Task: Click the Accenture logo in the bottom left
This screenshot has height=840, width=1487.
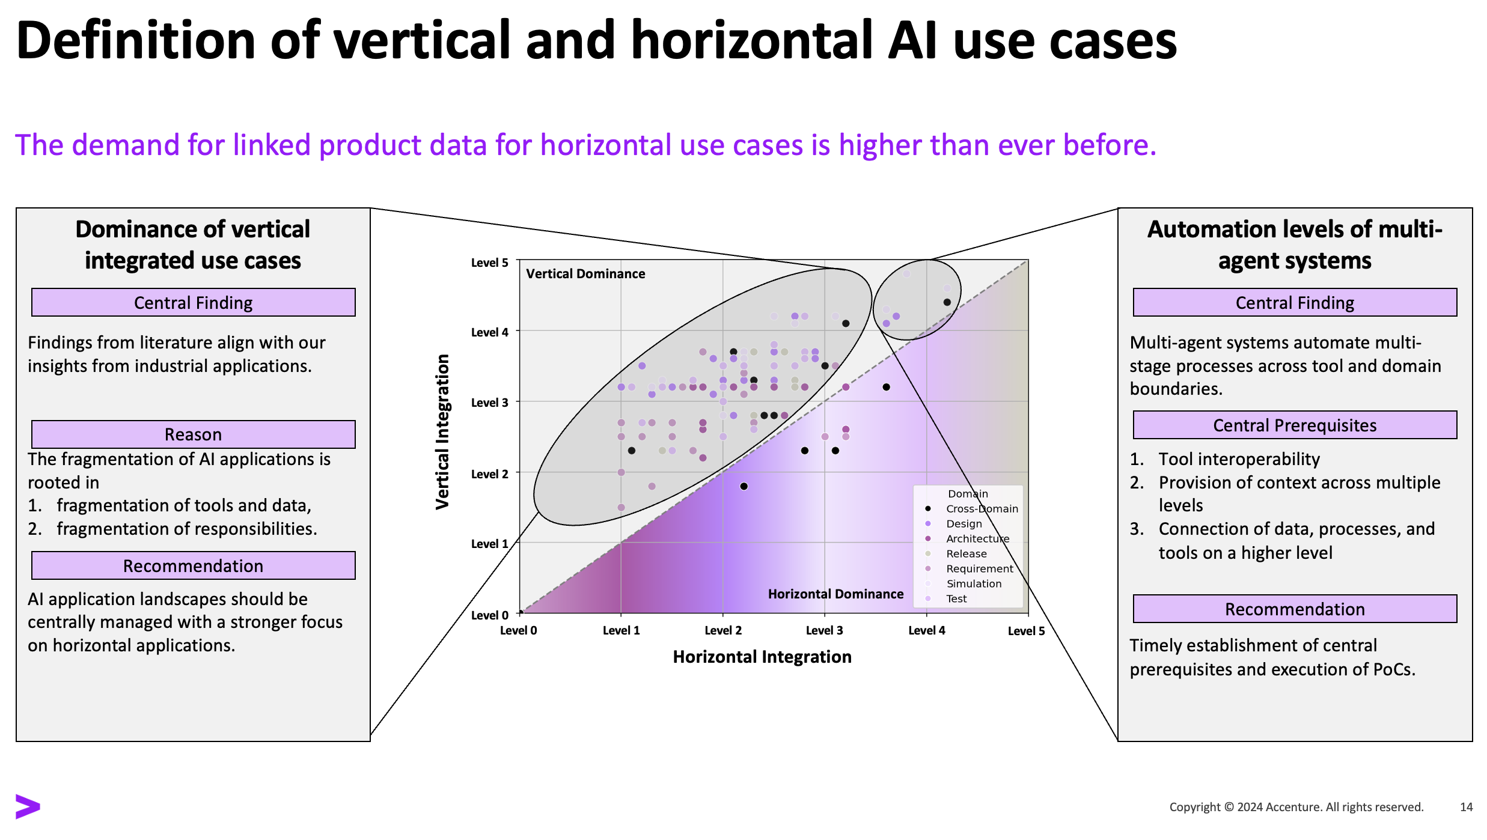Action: click(28, 806)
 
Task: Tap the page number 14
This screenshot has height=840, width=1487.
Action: click(1466, 807)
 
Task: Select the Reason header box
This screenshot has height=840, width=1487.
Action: click(193, 434)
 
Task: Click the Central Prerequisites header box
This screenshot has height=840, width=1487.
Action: click(1294, 425)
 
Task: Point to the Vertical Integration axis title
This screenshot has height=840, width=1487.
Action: click(443, 431)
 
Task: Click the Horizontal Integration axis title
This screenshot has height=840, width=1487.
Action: click(762, 657)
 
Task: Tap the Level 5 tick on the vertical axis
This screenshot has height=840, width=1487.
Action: click(489, 263)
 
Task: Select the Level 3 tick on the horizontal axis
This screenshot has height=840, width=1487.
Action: click(824, 630)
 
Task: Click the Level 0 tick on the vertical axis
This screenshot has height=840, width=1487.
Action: click(489, 615)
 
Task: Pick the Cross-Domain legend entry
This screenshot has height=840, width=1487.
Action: click(982, 509)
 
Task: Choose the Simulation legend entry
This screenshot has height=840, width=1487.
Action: click(974, 583)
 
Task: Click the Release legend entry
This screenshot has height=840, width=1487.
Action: click(966, 553)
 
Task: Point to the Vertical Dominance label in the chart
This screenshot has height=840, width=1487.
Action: click(585, 274)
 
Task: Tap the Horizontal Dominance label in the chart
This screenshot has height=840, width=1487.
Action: click(835, 594)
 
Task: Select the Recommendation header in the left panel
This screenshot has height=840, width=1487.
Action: click(193, 566)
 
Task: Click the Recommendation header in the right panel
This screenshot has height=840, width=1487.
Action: click(1294, 609)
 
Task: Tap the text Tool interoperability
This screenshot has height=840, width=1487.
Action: click(1239, 459)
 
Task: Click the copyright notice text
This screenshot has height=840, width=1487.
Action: click(1296, 807)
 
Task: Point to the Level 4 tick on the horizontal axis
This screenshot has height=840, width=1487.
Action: click(926, 630)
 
